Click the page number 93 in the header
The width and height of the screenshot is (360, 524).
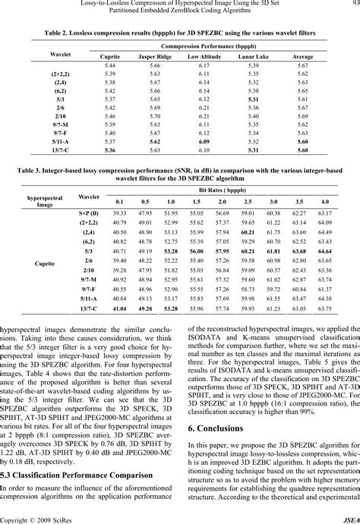click(x=354, y=4)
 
